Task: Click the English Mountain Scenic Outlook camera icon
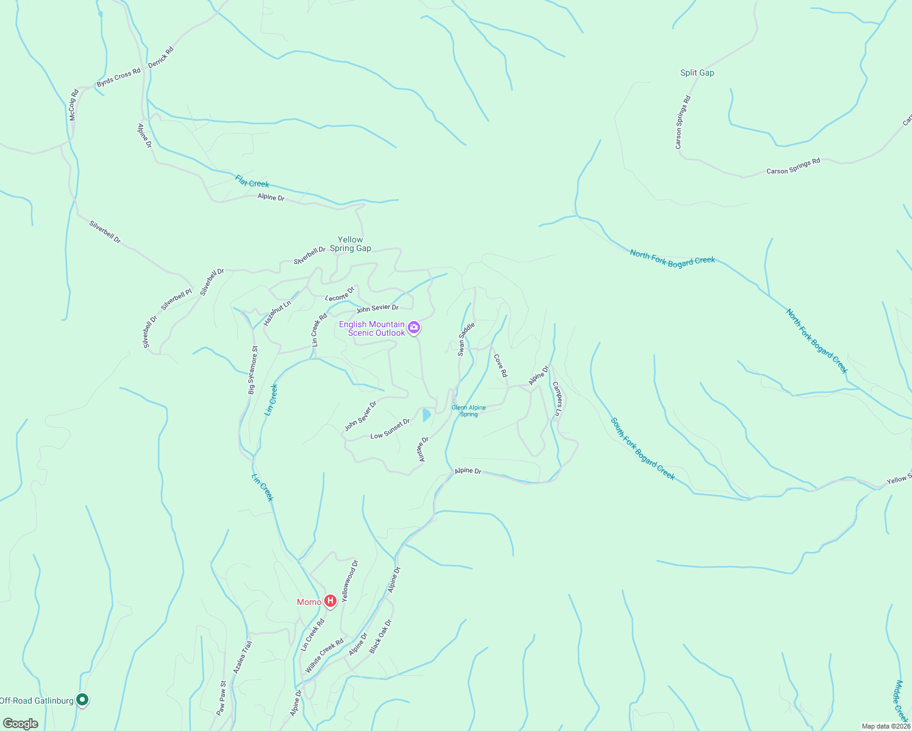tap(415, 328)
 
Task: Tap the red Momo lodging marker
tap(330, 602)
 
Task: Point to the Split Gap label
tap(697, 72)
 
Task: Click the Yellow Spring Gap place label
tap(351, 244)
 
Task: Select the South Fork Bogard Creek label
tap(643, 448)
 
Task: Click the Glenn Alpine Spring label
tap(469, 411)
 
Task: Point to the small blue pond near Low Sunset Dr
tap(426, 415)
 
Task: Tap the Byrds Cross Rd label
tap(118, 77)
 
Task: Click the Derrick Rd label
tap(161, 57)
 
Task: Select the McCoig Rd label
tap(74, 105)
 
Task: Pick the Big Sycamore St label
tap(253, 370)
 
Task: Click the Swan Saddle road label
tap(466, 339)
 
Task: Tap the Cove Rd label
tap(501, 365)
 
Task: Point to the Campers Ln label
tap(557, 400)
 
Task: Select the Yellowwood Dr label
tap(350, 581)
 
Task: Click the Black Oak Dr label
tap(380, 636)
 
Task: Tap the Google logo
tap(20, 724)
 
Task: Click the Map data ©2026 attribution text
tap(886, 726)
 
